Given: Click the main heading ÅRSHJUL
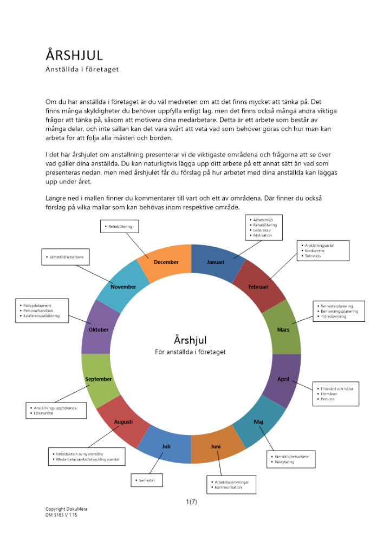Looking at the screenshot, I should (x=74, y=55).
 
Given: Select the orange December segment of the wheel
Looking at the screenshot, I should (x=166, y=262).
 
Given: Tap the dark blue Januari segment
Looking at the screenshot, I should (x=216, y=262).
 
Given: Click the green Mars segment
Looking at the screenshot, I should (x=283, y=329).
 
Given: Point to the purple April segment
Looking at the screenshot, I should (x=283, y=379).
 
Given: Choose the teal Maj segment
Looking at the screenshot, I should (x=258, y=421).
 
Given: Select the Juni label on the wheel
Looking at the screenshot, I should (x=216, y=446).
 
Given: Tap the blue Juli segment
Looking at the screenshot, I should (x=166, y=446).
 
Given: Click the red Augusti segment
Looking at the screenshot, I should (x=124, y=421).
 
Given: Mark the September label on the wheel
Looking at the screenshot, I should (x=99, y=379).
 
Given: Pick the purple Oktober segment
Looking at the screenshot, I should (x=99, y=329).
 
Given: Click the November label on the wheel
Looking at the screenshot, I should (x=124, y=287).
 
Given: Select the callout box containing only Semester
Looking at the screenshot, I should (x=147, y=480).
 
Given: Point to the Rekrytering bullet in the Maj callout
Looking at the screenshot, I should (x=285, y=463).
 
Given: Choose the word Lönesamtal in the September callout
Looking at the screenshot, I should (x=43, y=413).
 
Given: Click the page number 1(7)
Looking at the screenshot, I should (x=191, y=502).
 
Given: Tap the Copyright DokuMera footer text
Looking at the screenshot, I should (x=66, y=509).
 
